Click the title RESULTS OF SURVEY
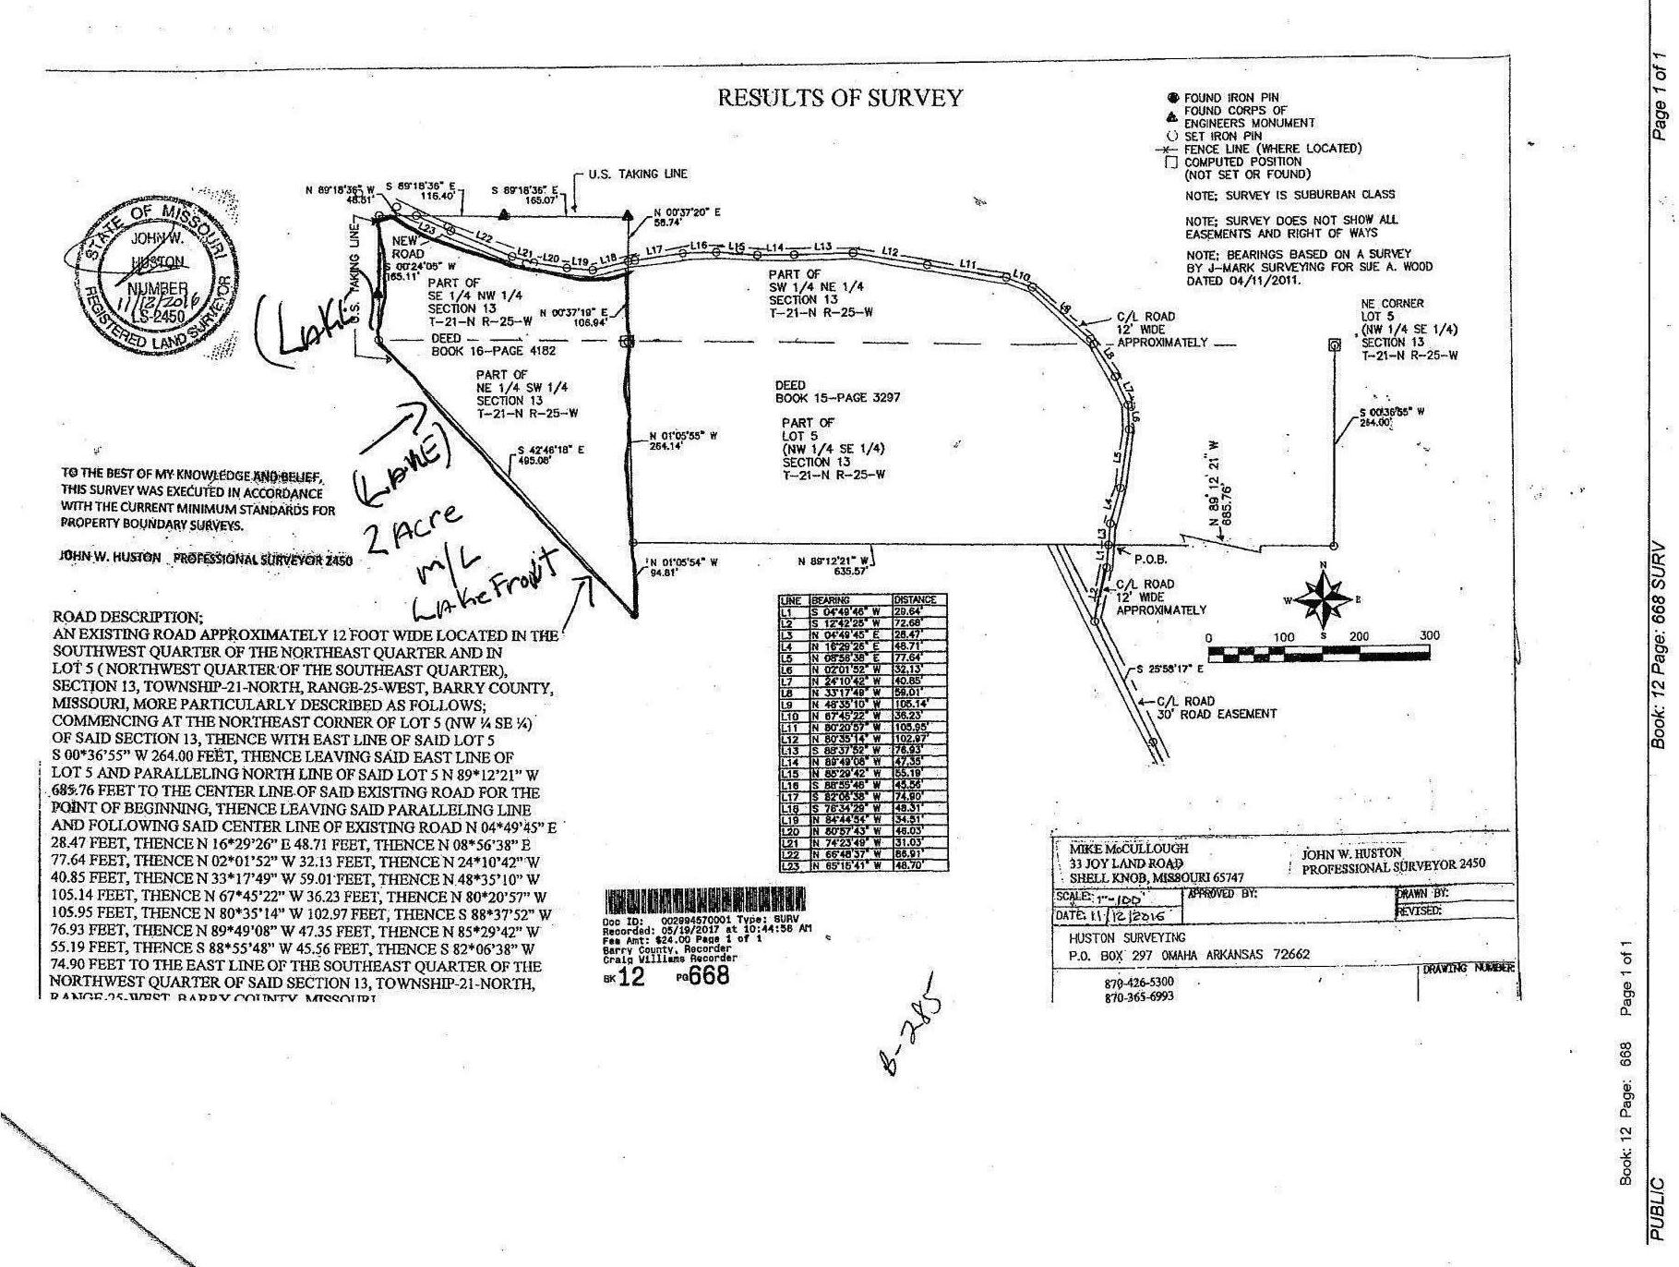[x=840, y=98]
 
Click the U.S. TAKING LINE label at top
[x=637, y=174]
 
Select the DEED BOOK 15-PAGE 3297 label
[x=836, y=392]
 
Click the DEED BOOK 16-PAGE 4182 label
[x=494, y=345]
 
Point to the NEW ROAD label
[x=408, y=247]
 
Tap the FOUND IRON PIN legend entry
[x=1230, y=98]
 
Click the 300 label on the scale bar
[x=1429, y=636]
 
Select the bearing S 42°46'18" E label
[x=551, y=456]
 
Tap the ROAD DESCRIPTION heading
[x=127, y=617]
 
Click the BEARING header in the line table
[x=830, y=600]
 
